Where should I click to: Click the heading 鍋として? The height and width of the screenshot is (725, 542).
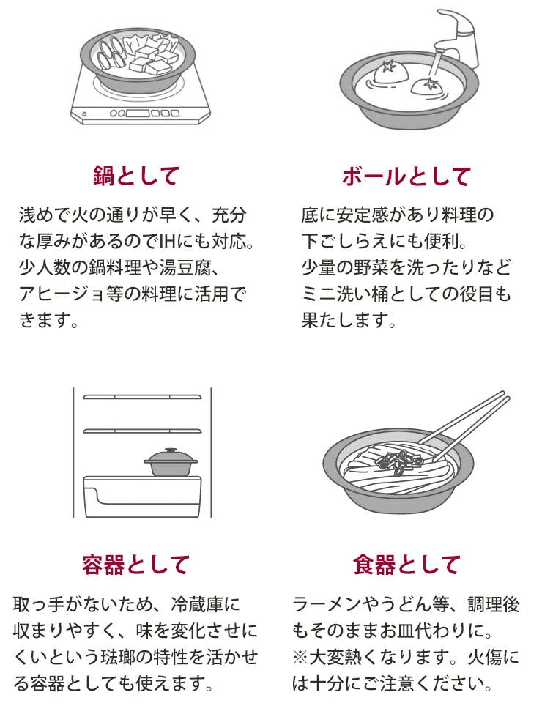tap(136, 176)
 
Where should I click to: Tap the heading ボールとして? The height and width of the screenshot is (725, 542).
tap(406, 176)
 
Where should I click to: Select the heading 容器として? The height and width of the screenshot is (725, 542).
tap(136, 565)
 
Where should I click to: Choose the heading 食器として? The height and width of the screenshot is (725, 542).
tap(406, 565)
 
